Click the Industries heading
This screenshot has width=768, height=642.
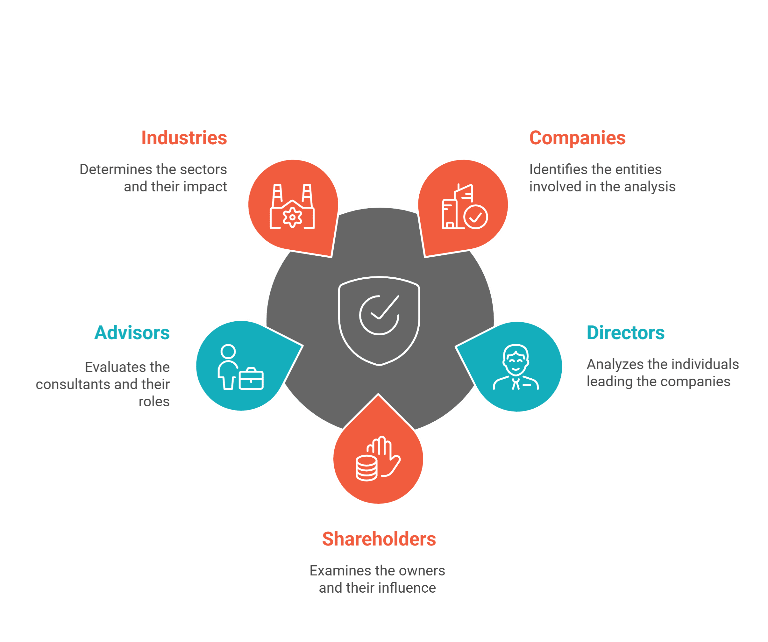pyautogui.click(x=184, y=138)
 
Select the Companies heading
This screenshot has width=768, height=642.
pyautogui.click(x=577, y=138)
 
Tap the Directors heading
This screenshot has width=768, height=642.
pyautogui.click(x=625, y=332)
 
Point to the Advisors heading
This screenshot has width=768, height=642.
pyautogui.click(x=132, y=332)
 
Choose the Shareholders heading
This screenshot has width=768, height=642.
pyautogui.click(x=379, y=539)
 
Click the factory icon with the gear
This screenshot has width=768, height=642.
pyautogui.click(x=292, y=206)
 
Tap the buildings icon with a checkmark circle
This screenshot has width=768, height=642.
pyautogui.click(x=465, y=207)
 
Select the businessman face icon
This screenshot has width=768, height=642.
pyautogui.click(x=516, y=367)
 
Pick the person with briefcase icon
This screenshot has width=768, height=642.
pyautogui.click(x=241, y=367)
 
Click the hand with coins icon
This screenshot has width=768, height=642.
pyautogui.click(x=378, y=458)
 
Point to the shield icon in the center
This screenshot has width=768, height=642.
pyautogui.click(x=379, y=321)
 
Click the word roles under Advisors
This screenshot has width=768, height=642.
pyautogui.click(x=154, y=402)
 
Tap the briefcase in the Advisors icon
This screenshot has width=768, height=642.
pyautogui.click(x=251, y=379)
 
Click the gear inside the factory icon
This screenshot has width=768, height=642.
pyautogui.click(x=292, y=217)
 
